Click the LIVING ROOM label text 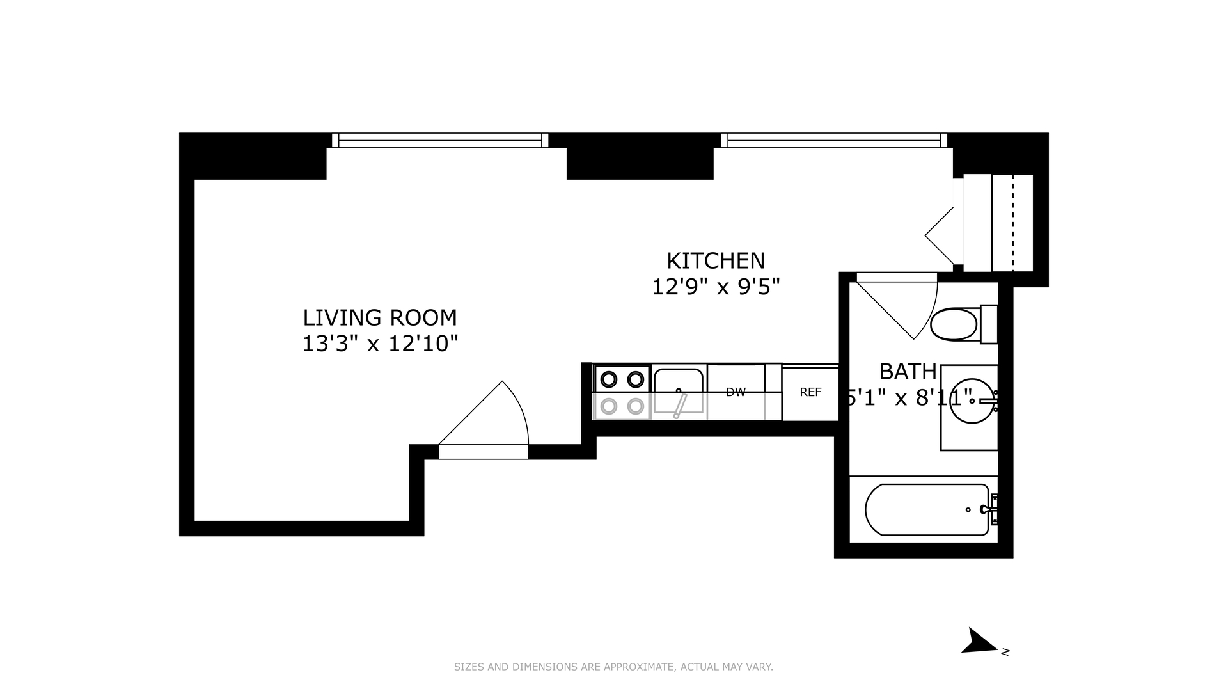[380, 318]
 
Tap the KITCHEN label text [716, 261]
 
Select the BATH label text [908, 372]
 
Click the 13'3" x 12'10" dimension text [380, 344]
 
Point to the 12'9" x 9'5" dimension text [716, 287]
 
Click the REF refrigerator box [810, 393]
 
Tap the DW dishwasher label [736, 393]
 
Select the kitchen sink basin [679, 390]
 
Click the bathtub [927, 510]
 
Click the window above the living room [440, 140]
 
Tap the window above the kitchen [834, 140]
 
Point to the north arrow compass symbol [979, 642]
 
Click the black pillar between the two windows [640, 157]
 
